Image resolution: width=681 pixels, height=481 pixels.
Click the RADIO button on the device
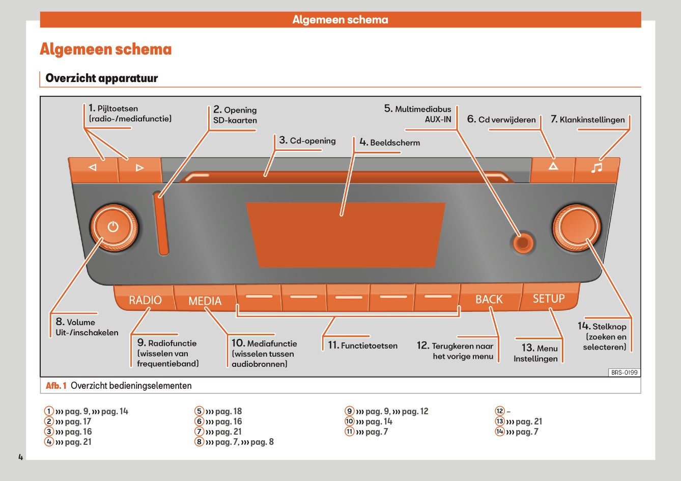point(145,300)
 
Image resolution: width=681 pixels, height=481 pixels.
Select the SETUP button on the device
point(549,299)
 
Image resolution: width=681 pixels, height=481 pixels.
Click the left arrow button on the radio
point(93,168)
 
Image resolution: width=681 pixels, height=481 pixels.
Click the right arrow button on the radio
point(139,168)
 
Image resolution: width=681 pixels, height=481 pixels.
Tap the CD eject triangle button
point(553,167)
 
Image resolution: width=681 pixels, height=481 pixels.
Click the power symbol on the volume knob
point(113,227)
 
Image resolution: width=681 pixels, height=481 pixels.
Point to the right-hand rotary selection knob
point(577,227)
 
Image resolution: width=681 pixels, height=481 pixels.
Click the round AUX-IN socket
point(522,243)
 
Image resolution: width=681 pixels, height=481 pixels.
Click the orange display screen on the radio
point(346,235)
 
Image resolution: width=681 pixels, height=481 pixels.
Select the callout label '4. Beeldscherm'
point(389,143)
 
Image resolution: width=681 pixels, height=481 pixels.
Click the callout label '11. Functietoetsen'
point(362,345)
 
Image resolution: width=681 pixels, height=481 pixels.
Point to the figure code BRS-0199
point(624,372)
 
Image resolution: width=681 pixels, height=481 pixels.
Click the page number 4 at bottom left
point(21,457)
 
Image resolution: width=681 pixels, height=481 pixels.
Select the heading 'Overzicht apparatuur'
point(102,78)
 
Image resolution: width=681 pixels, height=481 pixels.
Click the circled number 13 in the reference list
point(500,421)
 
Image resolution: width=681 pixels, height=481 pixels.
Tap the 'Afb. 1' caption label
point(56,386)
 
